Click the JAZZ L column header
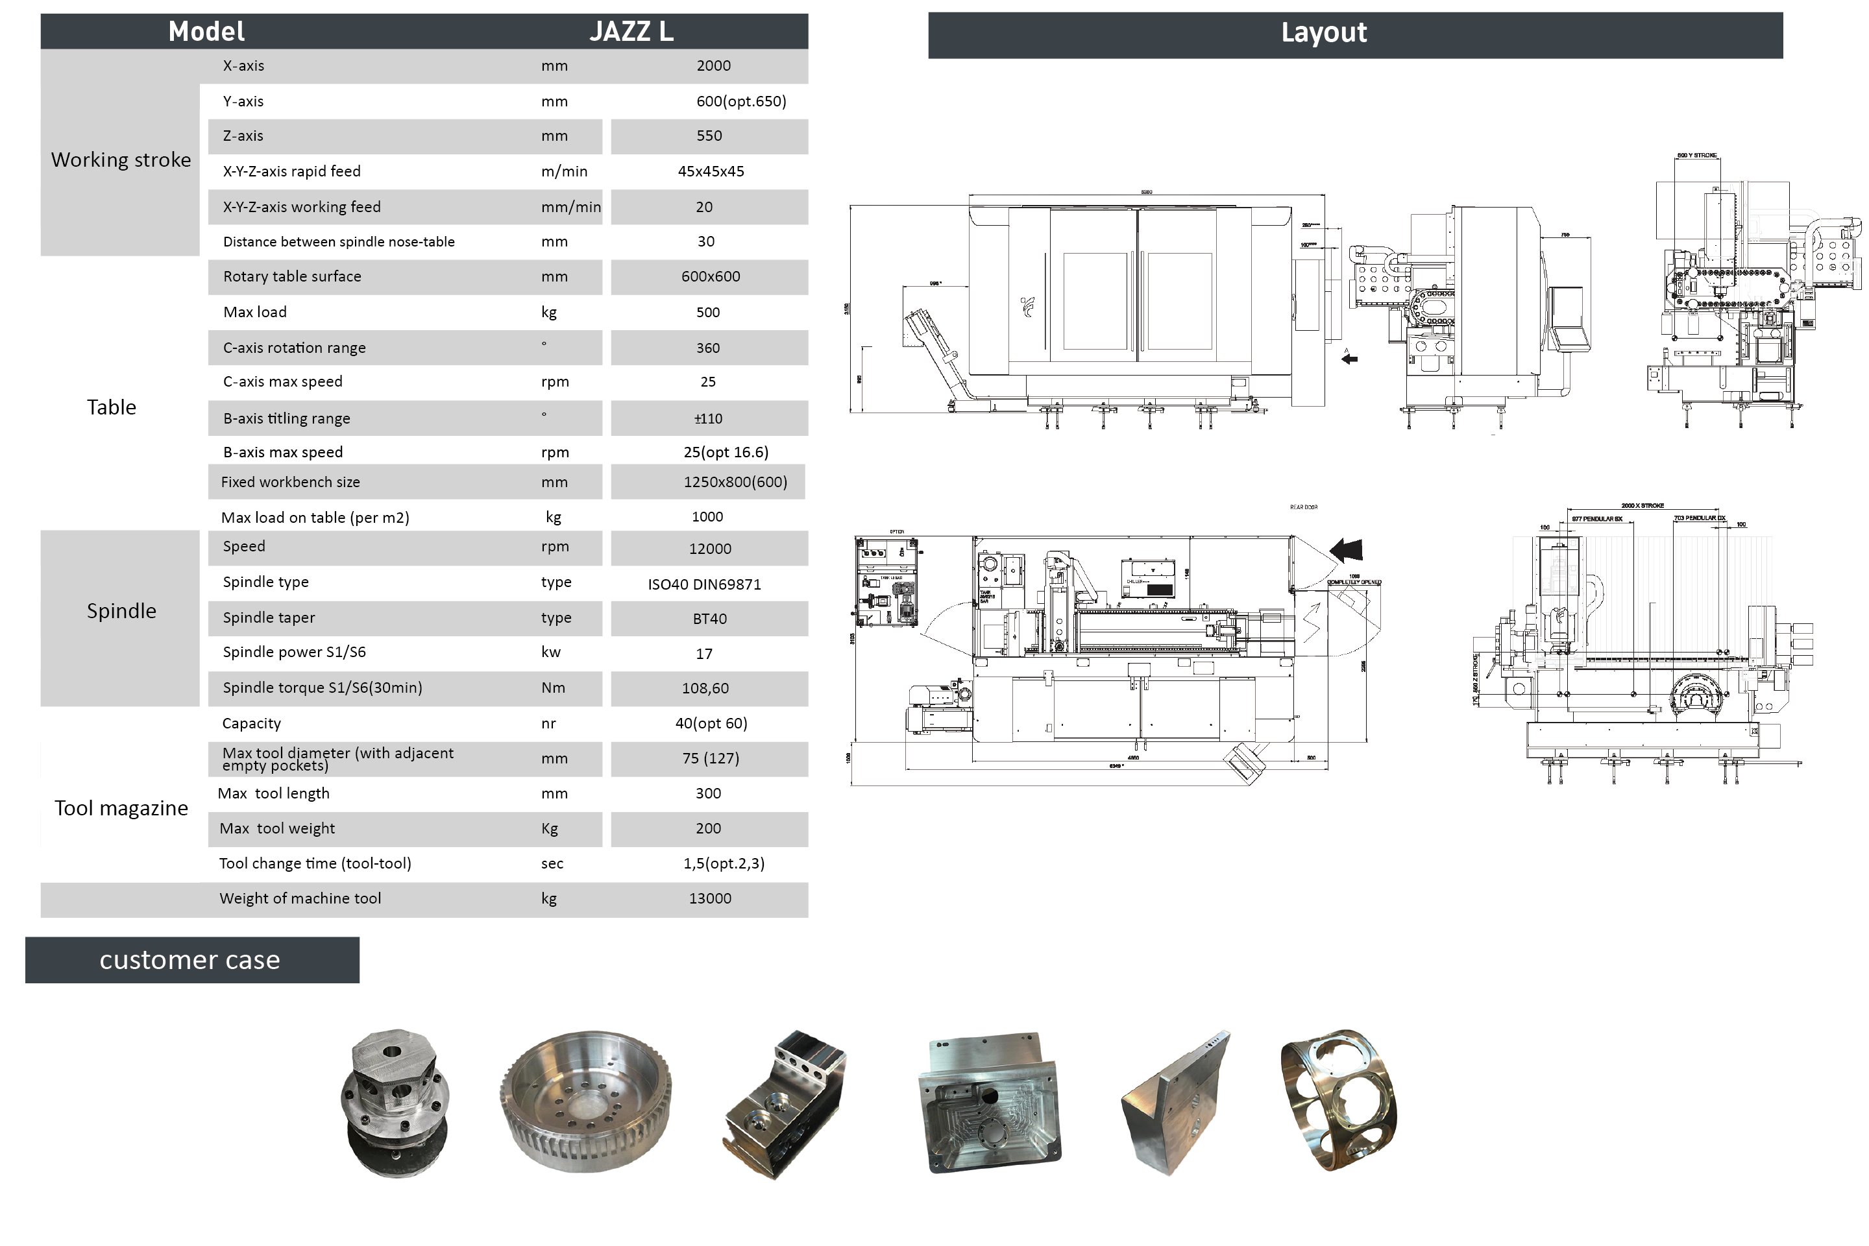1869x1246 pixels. [631, 31]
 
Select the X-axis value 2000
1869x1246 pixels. [713, 66]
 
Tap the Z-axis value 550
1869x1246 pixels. [709, 136]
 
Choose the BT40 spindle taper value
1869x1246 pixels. [709, 619]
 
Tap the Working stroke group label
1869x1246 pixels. [121, 160]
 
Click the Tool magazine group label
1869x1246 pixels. [121, 808]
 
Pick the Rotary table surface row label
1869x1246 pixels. [292, 276]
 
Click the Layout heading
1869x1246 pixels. [1324, 32]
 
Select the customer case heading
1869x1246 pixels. [190, 960]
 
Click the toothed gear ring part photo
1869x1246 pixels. [586, 1101]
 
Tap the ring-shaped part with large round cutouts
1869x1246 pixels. [1338, 1101]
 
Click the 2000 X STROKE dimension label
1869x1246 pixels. [1643, 505]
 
